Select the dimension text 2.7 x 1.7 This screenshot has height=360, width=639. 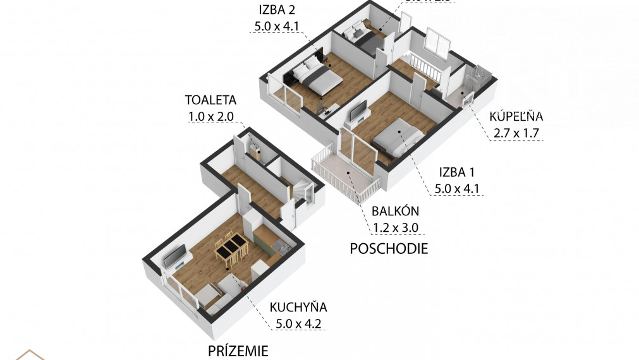click(x=515, y=133)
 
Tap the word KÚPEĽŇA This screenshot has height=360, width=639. click(x=517, y=116)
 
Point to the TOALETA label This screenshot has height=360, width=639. click(x=210, y=100)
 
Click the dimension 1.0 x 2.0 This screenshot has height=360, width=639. click(x=210, y=116)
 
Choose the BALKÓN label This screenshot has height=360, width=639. click(x=396, y=212)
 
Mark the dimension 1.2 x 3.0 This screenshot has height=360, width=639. click(x=396, y=228)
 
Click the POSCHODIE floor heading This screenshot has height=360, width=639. click(x=389, y=248)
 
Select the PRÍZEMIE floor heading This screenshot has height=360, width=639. click(x=238, y=351)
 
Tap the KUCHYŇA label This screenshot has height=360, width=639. click(x=298, y=308)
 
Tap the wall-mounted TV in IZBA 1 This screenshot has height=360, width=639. click(x=358, y=112)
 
